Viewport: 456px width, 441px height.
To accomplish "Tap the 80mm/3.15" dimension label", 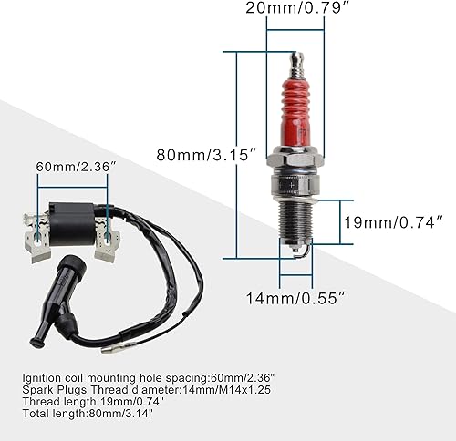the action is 207,155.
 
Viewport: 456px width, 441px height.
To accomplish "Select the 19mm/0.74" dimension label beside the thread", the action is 393,222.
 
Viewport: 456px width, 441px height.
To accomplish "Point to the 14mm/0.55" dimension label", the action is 295,298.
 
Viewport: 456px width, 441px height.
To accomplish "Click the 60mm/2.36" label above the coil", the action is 77,167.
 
